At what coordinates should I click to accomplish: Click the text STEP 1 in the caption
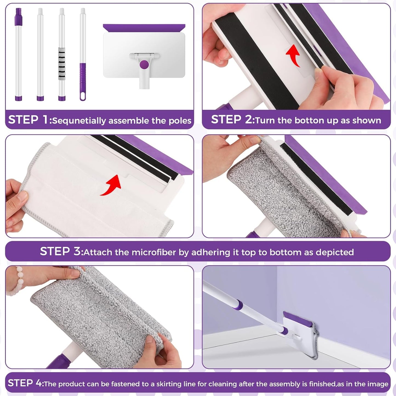28,120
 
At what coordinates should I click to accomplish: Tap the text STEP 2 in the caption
232,120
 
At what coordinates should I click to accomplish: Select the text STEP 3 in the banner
61,251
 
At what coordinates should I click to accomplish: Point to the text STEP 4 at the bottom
25,383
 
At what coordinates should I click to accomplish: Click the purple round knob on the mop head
144,65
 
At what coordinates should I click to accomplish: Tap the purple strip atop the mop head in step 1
144,28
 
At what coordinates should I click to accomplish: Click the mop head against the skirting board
300,333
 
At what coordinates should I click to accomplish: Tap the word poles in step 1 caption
180,121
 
